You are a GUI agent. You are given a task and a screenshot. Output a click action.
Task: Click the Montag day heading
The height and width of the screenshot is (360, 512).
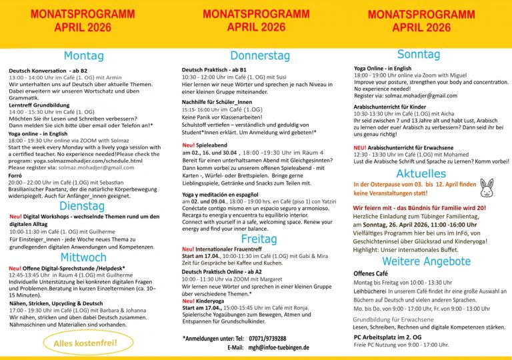pyautogui.click(x=84, y=56)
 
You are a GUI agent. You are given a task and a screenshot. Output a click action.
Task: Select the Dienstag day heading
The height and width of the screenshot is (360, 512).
pyautogui.click(x=82, y=206)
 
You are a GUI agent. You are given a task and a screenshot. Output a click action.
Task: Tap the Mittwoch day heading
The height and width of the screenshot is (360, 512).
pyautogui.click(x=83, y=257)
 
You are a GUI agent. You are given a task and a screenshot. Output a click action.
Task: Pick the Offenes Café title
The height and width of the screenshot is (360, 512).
pyautogui.click(x=370, y=273)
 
